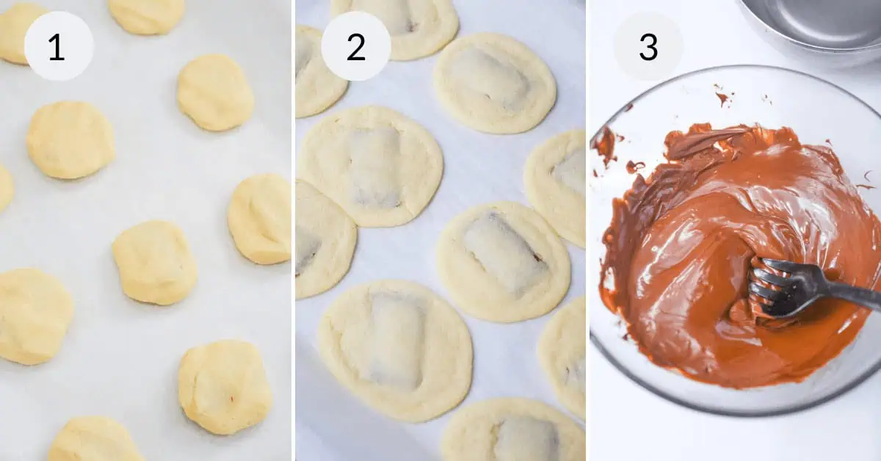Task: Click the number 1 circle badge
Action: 59,46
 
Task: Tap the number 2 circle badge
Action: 355,46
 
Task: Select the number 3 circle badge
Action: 648,46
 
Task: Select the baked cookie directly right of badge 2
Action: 494,82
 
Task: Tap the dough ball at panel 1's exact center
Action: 154,262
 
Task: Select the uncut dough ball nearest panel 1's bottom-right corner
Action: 224,386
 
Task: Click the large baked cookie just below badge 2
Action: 371,165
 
